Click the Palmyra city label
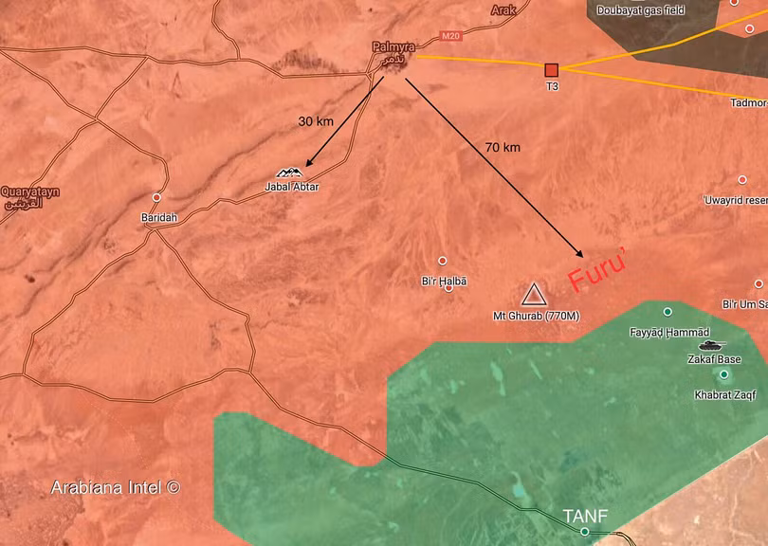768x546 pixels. tap(393, 45)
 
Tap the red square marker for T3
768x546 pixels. tap(552, 69)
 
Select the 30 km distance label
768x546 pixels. tap(317, 121)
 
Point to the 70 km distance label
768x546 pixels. tap(502, 148)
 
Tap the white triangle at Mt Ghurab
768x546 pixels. tap(534, 294)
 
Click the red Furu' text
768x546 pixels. tap(597, 270)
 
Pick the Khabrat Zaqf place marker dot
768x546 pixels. tap(724, 375)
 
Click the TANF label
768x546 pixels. tap(585, 516)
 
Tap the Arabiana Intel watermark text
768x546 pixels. tap(115, 488)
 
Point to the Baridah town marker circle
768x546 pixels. tap(156, 198)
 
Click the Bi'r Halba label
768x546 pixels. tap(444, 282)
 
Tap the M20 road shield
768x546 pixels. tap(450, 37)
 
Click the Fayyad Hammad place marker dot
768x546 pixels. tap(667, 312)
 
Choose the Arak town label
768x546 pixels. tap(504, 10)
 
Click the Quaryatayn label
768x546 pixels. tap(29, 191)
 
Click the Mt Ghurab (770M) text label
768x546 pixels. tap(536, 316)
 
